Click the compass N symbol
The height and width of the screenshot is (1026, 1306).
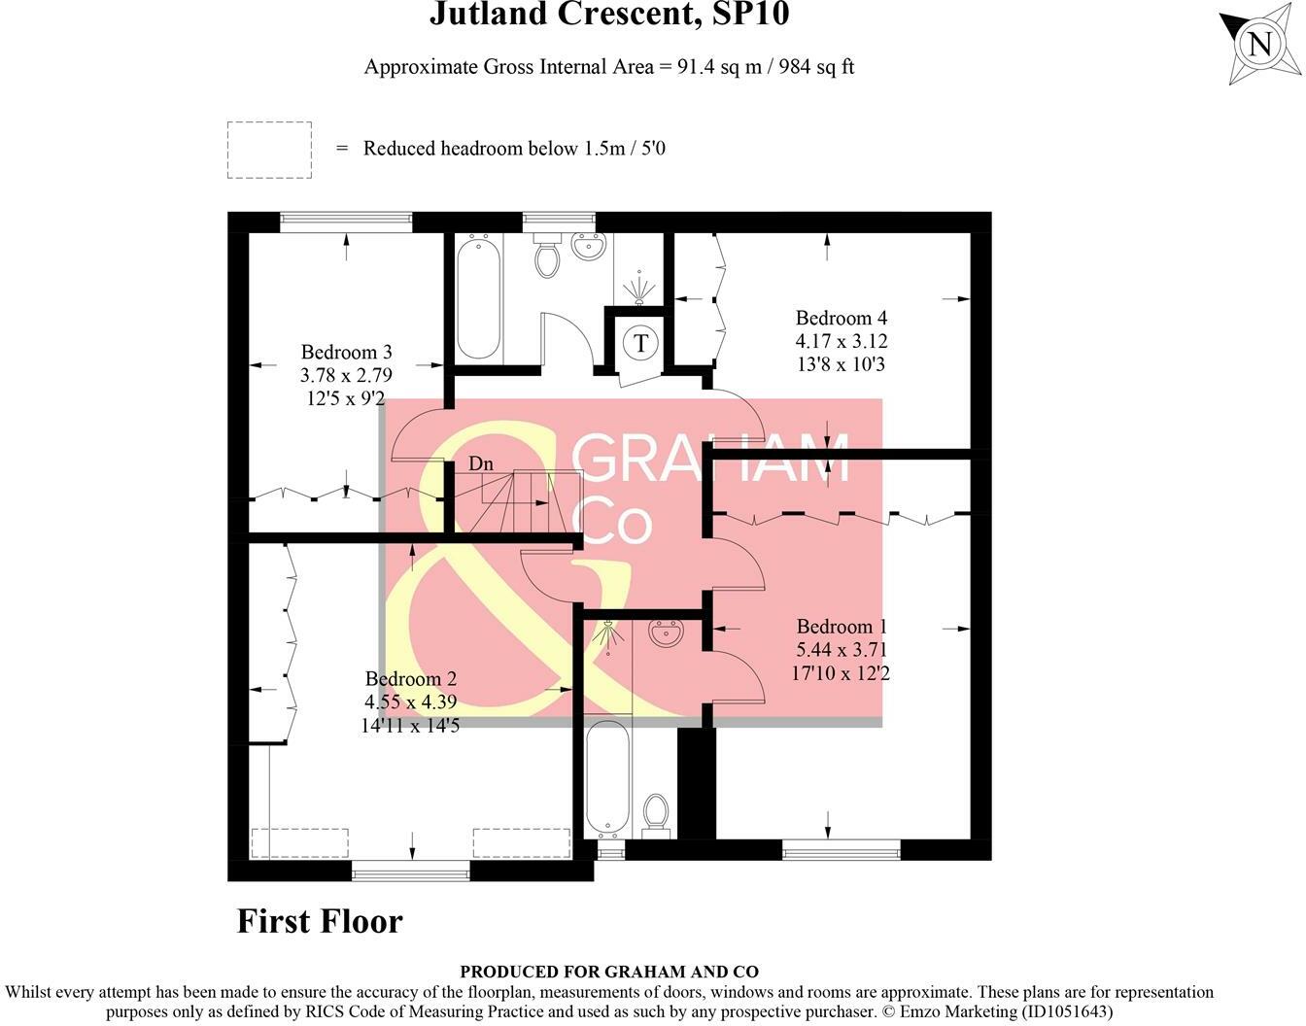click(1260, 45)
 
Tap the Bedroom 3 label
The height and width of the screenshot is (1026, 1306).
click(346, 352)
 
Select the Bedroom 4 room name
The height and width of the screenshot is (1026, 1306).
click(841, 318)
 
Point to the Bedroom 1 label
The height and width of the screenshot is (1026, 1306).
click(842, 627)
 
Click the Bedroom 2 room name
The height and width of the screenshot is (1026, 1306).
click(410, 679)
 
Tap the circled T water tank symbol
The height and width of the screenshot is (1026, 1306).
click(640, 342)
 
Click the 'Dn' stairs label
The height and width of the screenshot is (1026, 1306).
click(481, 463)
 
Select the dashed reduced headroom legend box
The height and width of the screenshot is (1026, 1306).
click(269, 150)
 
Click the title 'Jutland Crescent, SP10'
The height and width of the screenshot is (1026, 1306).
click(609, 15)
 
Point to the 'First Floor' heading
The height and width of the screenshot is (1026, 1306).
click(320, 920)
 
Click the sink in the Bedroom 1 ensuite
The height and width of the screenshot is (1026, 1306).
click(667, 633)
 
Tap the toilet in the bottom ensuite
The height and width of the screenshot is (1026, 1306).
click(657, 814)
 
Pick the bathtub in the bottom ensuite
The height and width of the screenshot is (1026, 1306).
click(609, 777)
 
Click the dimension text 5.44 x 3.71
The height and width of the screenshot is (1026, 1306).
click(842, 650)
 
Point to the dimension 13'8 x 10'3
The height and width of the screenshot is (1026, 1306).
click(841, 364)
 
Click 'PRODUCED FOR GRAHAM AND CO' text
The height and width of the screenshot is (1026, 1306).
click(609, 972)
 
